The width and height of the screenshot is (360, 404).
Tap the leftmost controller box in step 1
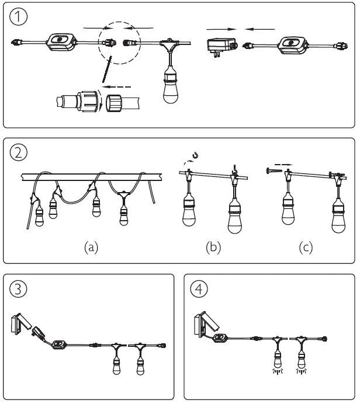tap(58, 43)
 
